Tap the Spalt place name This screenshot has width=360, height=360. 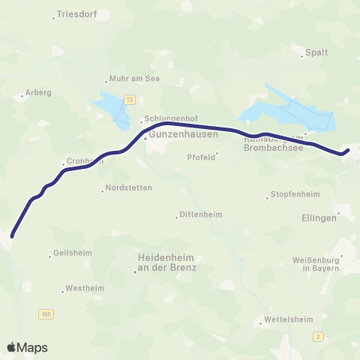(x=316, y=54)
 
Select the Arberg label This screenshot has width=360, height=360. (x=38, y=93)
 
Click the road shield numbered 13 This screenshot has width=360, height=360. (x=130, y=99)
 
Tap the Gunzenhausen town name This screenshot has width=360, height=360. (x=183, y=136)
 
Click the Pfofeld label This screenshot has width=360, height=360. (x=201, y=157)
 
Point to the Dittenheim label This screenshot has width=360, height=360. (x=201, y=215)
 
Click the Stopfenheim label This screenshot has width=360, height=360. (x=293, y=195)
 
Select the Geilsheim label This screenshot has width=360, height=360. (x=73, y=253)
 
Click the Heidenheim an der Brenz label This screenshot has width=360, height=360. (x=167, y=262)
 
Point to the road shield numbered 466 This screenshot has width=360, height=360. (x=46, y=314)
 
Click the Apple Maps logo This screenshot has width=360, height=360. (x=28, y=347)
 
